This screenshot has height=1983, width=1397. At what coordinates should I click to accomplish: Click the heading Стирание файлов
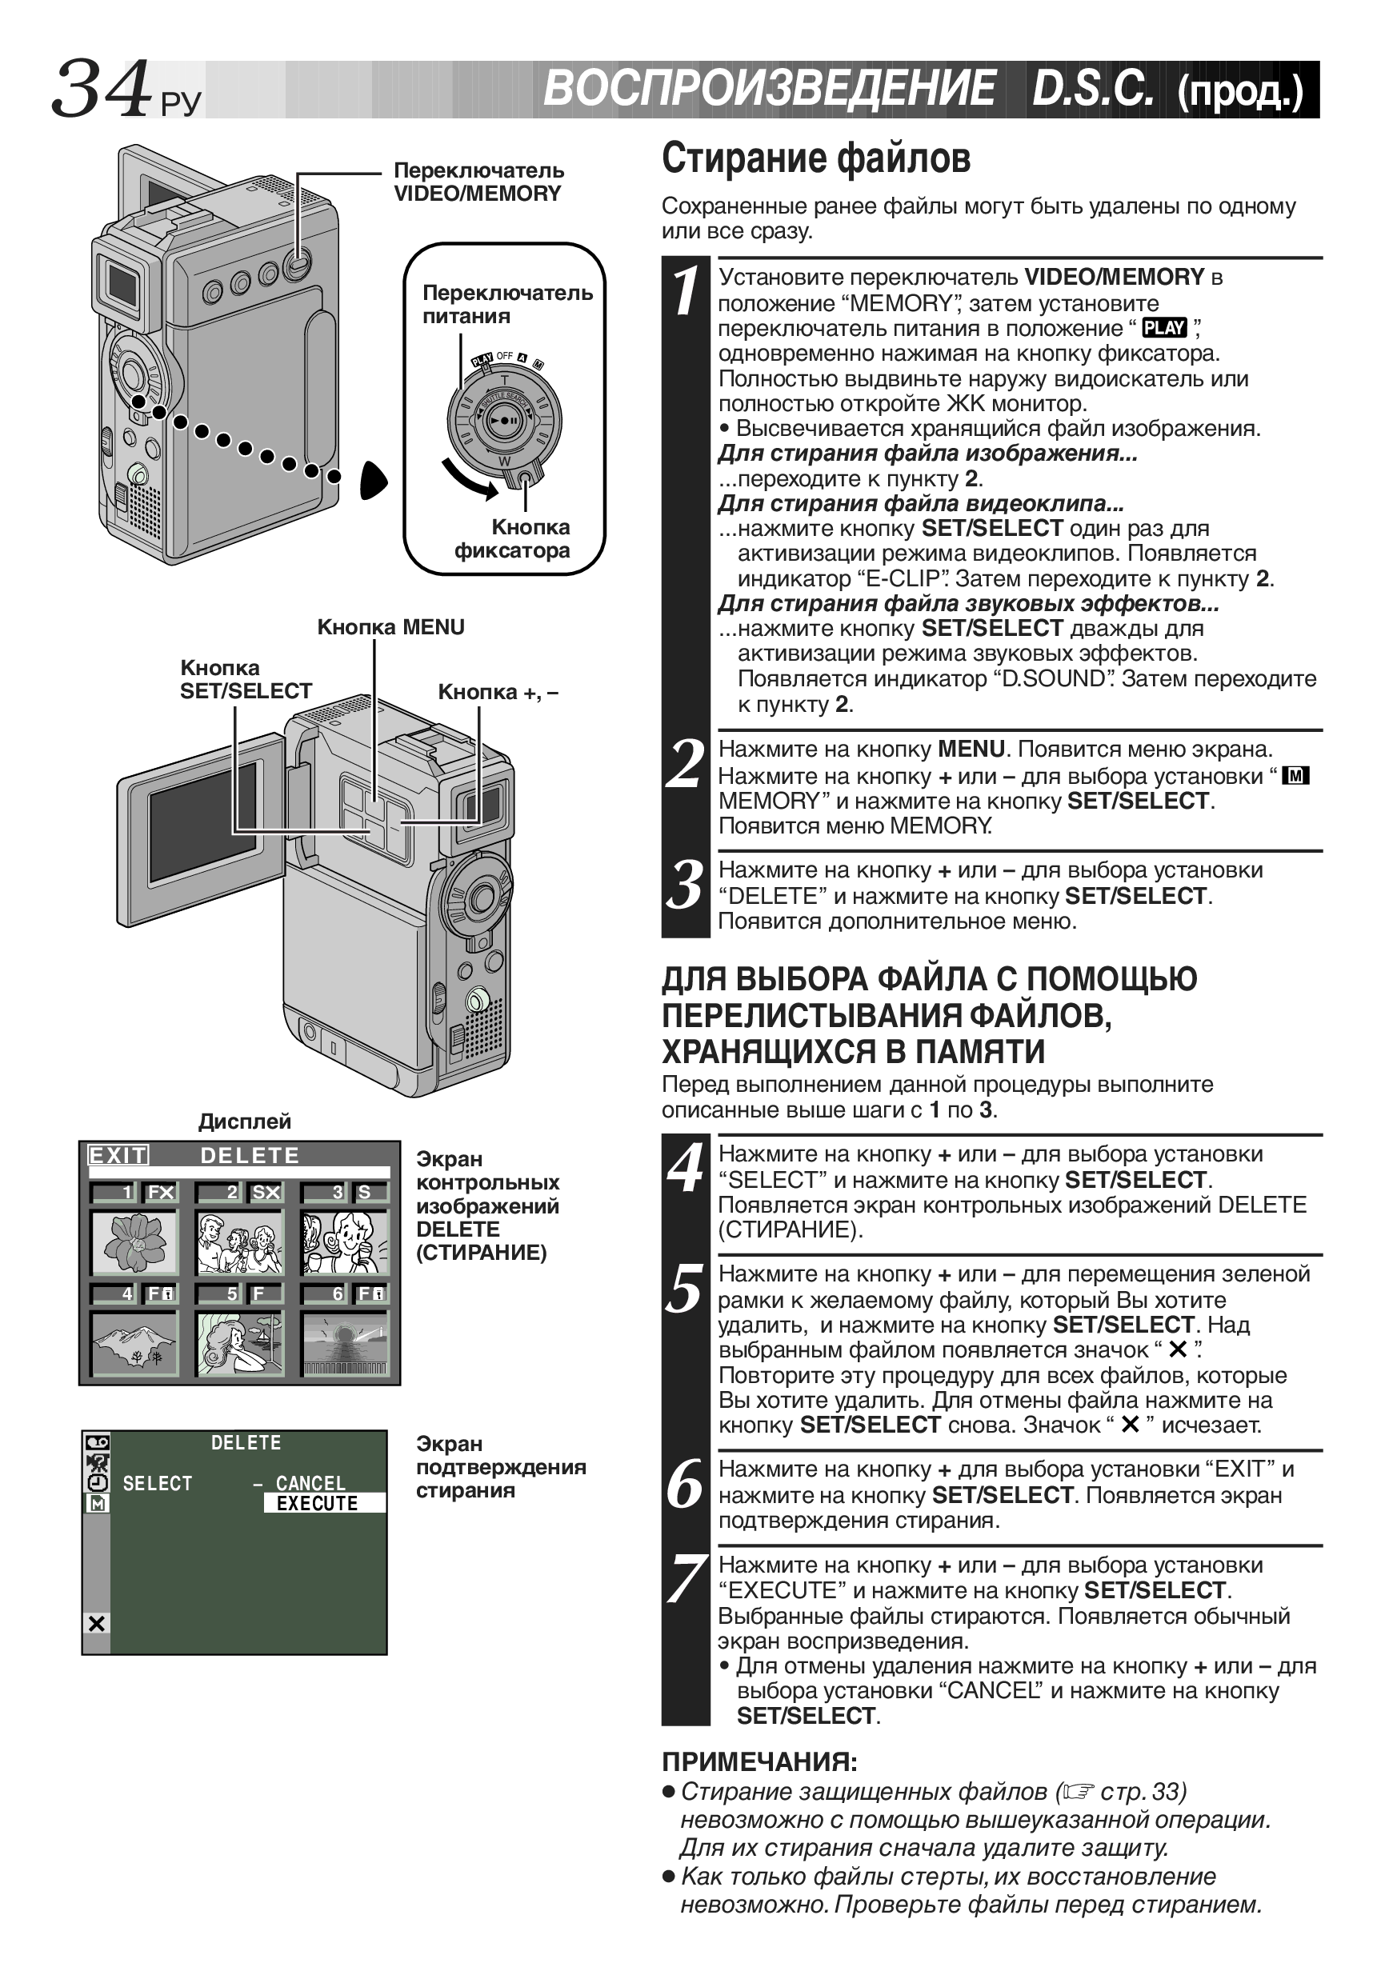click(815, 159)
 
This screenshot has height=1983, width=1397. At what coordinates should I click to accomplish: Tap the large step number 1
click(686, 290)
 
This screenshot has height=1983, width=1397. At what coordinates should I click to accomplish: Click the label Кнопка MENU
click(390, 627)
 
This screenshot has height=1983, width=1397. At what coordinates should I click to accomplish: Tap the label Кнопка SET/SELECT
click(246, 680)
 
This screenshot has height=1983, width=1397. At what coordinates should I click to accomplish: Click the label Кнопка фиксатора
click(512, 539)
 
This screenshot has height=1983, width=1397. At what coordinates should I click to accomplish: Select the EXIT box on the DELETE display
click(118, 1156)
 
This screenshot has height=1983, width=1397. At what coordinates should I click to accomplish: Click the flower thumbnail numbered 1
click(134, 1242)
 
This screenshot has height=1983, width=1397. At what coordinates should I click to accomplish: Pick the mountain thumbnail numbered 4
click(134, 1343)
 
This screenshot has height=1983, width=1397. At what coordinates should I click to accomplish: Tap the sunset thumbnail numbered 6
click(345, 1343)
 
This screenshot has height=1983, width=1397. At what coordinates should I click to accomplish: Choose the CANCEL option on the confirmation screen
click(310, 1483)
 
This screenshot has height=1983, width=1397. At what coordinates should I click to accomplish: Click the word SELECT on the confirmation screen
click(158, 1483)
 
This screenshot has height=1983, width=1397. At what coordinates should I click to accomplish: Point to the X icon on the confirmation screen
click(97, 1624)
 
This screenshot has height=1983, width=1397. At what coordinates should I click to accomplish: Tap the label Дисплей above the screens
click(245, 1121)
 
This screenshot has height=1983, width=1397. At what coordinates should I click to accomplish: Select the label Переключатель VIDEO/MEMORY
click(478, 182)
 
